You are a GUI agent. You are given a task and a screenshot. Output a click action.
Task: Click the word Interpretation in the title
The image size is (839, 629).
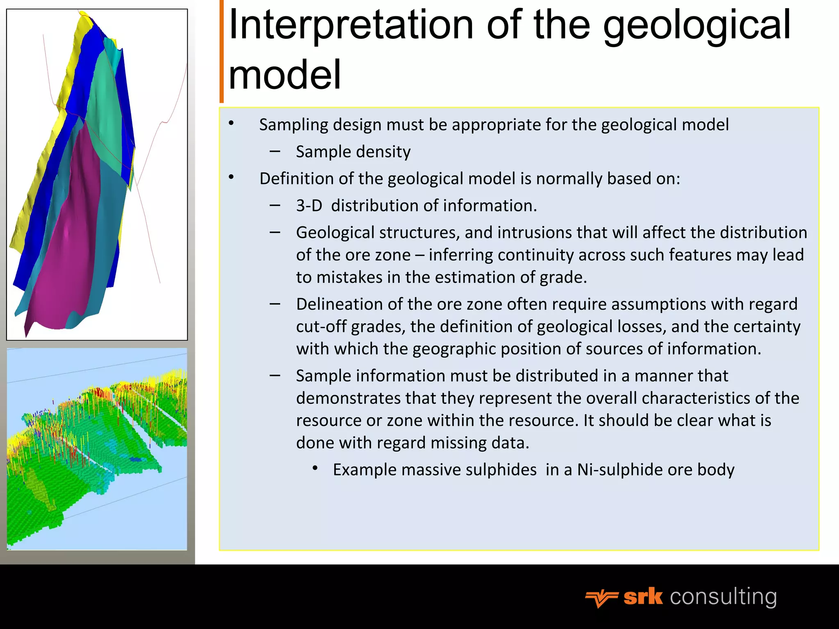click(351, 25)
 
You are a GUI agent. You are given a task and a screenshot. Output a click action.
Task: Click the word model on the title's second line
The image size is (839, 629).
click(285, 75)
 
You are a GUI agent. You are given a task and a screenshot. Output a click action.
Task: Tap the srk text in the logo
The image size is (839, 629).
click(643, 597)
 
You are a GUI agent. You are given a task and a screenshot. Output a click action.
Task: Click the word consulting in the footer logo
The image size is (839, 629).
click(723, 597)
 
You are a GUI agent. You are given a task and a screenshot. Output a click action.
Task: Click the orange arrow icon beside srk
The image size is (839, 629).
click(601, 598)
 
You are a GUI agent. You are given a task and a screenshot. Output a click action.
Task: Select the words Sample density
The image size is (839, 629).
click(353, 152)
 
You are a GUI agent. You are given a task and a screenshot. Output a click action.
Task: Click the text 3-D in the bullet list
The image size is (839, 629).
click(309, 206)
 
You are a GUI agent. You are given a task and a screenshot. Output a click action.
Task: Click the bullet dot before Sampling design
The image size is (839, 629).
click(231, 123)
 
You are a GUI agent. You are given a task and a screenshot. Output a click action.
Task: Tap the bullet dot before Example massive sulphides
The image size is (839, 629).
click(315, 468)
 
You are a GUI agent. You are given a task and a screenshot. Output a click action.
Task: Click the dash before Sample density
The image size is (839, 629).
click(275, 152)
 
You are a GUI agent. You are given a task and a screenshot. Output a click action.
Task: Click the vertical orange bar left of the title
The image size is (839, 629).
click(222, 51)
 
